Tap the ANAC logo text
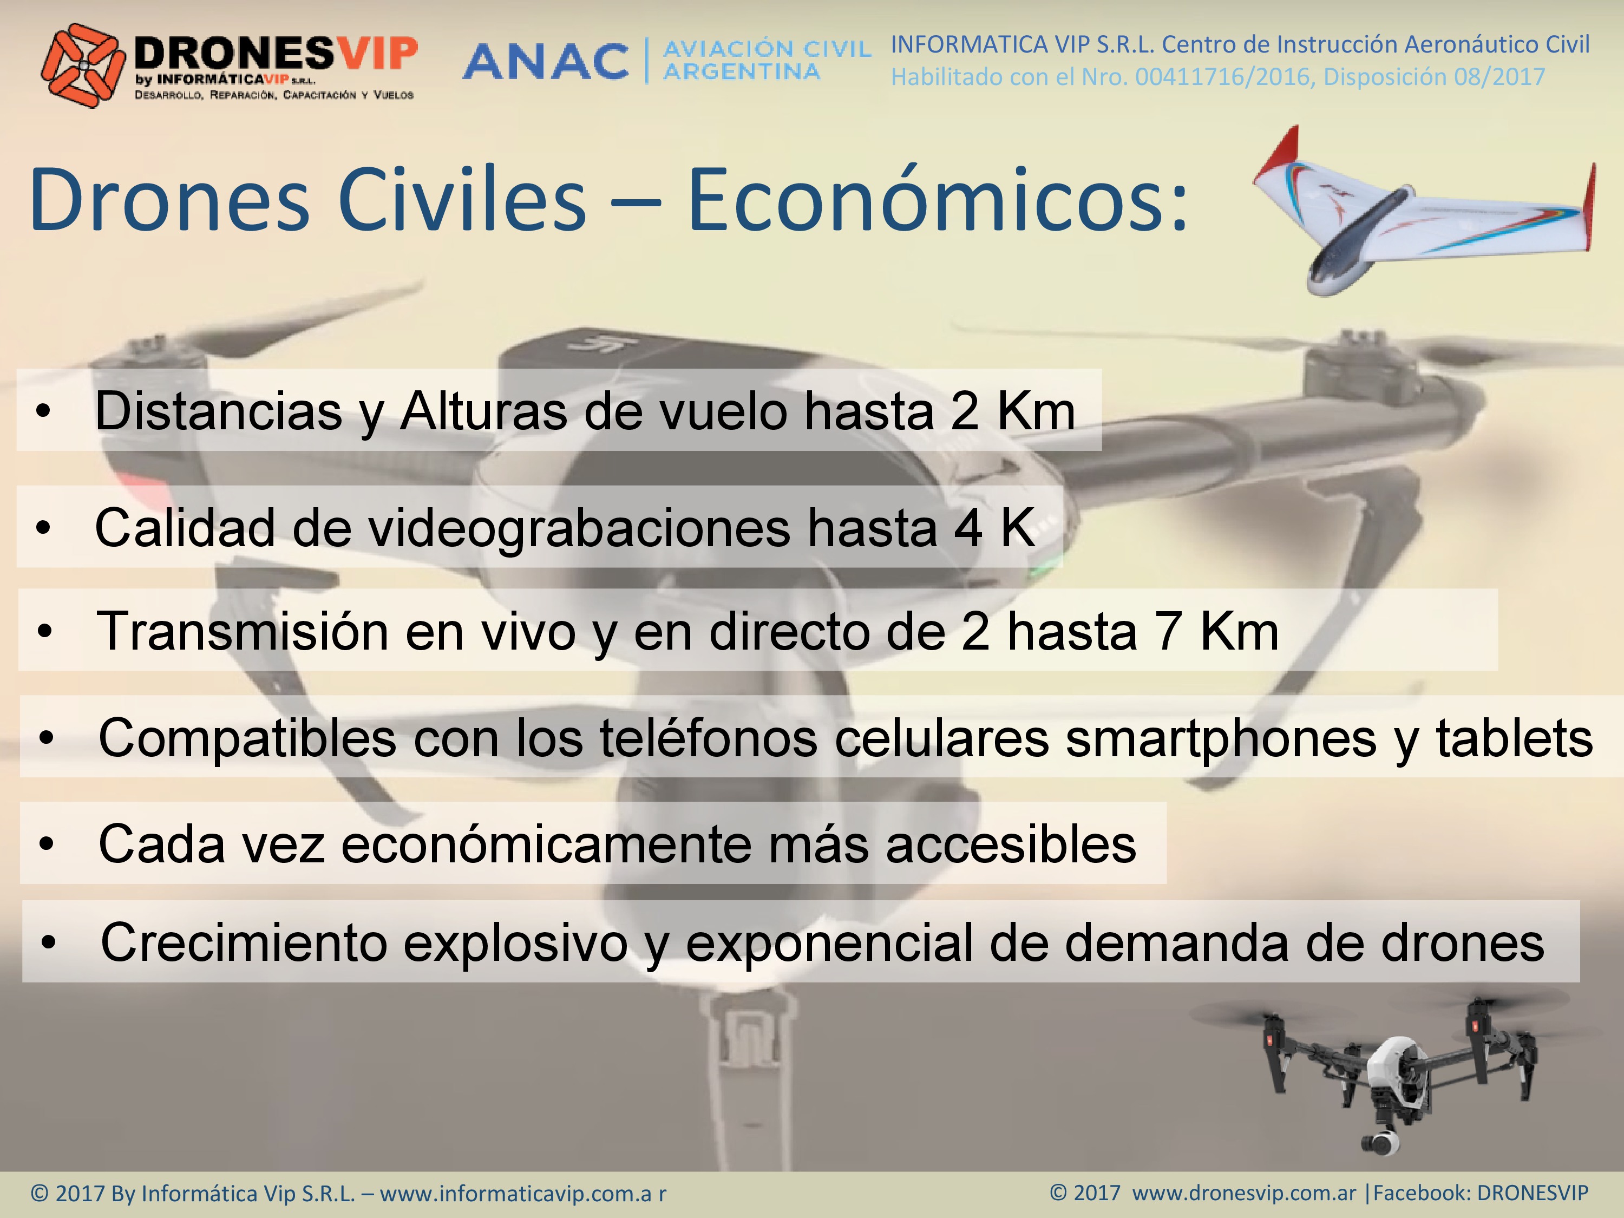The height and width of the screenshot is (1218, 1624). (546, 61)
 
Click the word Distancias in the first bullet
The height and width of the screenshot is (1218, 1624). (218, 410)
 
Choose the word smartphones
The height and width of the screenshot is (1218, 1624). (1221, 738)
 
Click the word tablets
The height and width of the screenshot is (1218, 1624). (1515, 737)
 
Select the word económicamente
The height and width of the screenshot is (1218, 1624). (546, 844)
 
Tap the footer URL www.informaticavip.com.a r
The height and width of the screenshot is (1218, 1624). (523, 1193)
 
